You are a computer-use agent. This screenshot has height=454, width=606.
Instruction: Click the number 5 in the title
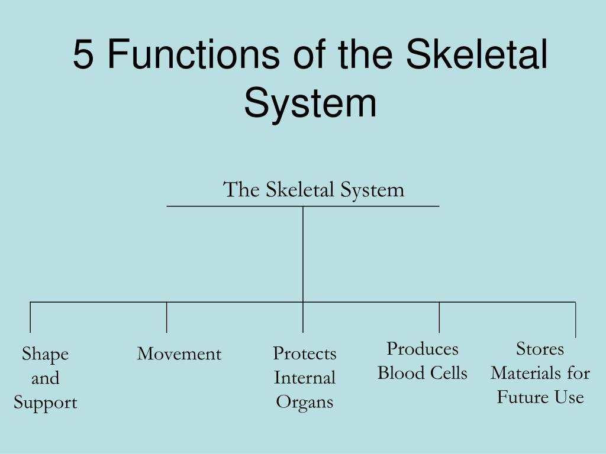pos(83,54)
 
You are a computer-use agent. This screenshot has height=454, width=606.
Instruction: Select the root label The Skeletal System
pos(314,190)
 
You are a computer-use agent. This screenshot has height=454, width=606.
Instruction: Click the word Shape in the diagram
pos(45,354)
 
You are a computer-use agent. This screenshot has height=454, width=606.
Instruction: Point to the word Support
pos(46,403)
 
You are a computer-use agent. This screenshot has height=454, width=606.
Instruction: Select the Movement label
pos(179,354)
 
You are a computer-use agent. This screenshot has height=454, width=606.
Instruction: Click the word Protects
pos(304,354)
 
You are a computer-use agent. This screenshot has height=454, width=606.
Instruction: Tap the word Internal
pos(304,378)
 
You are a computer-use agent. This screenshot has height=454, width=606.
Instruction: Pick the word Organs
pos(304,402)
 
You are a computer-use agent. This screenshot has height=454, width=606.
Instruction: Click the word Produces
pos(423,349)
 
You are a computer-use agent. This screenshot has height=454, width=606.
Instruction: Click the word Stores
pos(540,349)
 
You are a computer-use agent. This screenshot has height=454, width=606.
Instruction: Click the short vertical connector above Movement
pos(167,317)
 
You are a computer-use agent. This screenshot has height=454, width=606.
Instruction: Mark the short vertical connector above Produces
pos(439,317)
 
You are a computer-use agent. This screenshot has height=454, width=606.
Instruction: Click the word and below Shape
pos(45,378)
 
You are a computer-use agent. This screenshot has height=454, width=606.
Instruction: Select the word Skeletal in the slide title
pos(478,54)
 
